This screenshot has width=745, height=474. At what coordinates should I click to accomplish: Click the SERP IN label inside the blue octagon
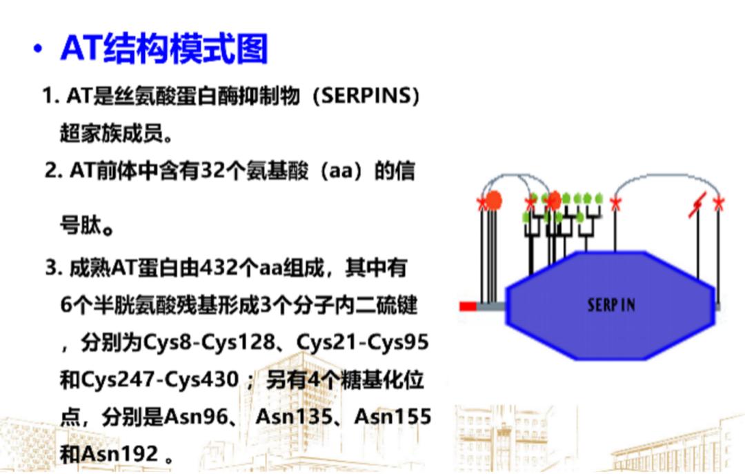(x=611, y=304)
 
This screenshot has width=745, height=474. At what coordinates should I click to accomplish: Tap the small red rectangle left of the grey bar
(x=468, y=306)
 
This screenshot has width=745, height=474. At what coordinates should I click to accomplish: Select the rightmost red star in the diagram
(x=719, y=203)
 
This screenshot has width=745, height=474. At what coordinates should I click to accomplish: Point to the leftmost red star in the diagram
(x=482, y=203)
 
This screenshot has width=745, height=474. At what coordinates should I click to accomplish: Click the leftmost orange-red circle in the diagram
(x=493, y=200)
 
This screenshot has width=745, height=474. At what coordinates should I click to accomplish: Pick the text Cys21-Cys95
(x=363, y=342)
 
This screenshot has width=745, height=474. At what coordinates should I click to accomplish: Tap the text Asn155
(x=393, y=417)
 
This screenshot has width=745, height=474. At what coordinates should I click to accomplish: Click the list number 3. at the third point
(x=54, y=268)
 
